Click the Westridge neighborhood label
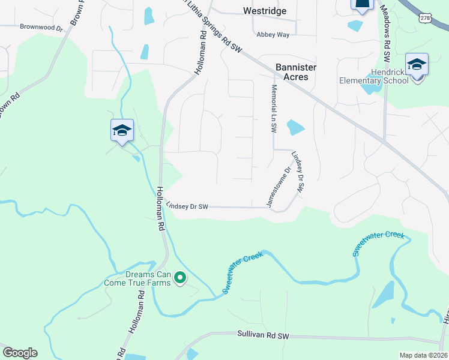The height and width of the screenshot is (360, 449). point(265,11)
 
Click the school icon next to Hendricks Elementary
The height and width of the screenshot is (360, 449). point(417,64)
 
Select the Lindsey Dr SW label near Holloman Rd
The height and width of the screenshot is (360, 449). point(187,206)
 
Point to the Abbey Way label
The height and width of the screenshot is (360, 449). point(273,34)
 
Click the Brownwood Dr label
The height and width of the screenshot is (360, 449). point(41,27)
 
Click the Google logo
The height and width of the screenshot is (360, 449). point(20,353)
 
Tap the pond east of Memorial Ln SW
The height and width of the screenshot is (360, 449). point(295,128)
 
